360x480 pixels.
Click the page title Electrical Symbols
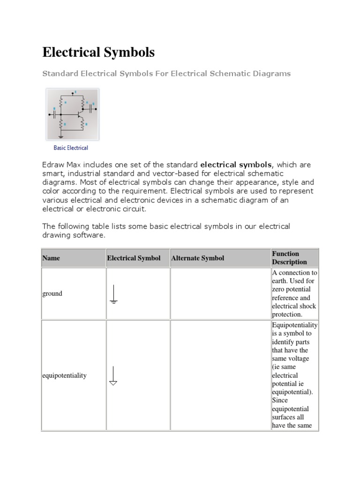98,52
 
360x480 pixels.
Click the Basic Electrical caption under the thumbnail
71,148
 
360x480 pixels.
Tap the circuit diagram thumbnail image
72,114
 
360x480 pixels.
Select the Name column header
51,258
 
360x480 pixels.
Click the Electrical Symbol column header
134,258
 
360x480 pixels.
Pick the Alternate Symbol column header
198,258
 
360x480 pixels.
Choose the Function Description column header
289,258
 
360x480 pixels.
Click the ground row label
52,293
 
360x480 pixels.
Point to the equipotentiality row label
64,375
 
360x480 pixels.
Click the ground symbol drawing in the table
113,294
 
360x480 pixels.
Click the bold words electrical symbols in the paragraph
236,165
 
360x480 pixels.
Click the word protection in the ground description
287,315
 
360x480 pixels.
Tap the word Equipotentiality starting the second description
294,325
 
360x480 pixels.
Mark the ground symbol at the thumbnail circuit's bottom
61,136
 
